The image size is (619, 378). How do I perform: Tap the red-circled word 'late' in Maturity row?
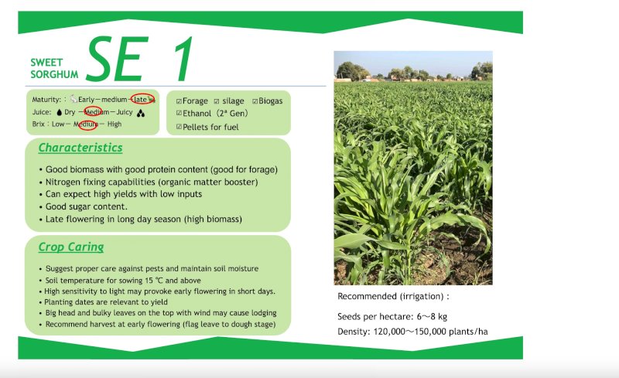(141, 99)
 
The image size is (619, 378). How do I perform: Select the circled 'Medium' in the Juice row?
(94, 112)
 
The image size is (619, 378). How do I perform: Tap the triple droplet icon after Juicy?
(141, 112)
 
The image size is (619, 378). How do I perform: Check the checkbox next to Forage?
(179, 101)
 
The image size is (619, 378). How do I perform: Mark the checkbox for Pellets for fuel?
(179, 127)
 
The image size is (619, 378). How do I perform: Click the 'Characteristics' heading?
(80, 147)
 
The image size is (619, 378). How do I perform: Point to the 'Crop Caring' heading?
(70, 247)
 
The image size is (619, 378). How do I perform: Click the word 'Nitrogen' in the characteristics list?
(63, 182)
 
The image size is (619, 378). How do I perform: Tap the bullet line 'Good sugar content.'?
(86, 206)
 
